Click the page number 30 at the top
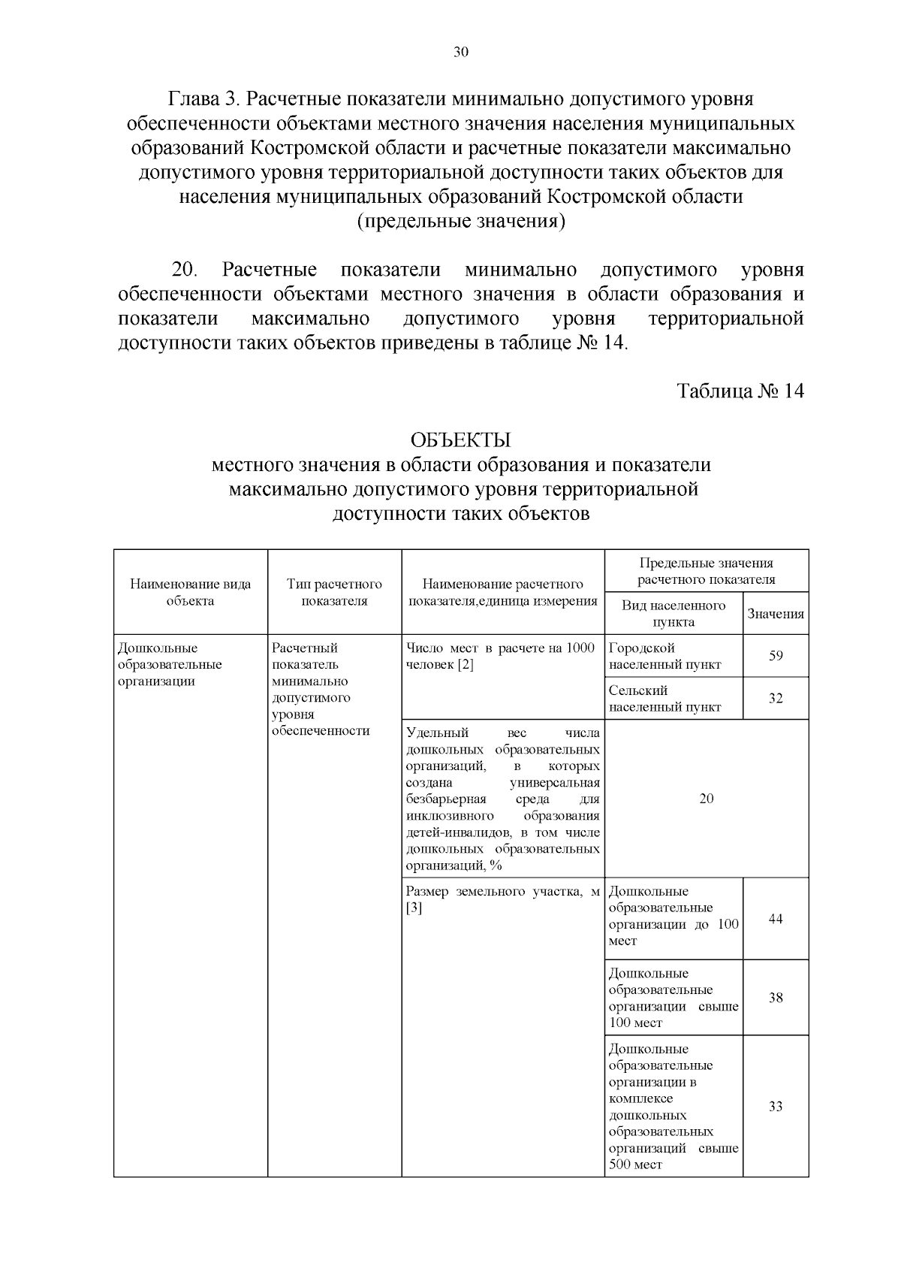click(x=461, y=52)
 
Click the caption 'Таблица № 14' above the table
click(x=740, y=391)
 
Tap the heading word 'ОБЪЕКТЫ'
click(x=460, y=440)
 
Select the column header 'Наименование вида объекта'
click(x=191, y=592)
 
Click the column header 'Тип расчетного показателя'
click(x=334, y=592)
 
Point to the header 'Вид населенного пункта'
click(x=673, y=613)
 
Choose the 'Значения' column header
click(x=776, y=613)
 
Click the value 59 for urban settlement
click(x=776, y=656)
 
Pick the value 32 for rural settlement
click(x=776, y=698)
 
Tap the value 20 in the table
click(x=706, y=799)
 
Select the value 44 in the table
click(x=776, y=918)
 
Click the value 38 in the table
click(x=776, y=998)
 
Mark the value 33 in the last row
click(x=776, y=1106)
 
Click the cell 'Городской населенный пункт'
click(x=664, y=656)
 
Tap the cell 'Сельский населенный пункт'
click(x=664, y=698)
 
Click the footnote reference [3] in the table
click(x=414, y=908)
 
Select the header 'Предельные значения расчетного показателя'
click(x=706, y=571)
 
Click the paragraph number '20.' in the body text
click(x=185, y=270)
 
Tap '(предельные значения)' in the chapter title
click(x=460, y=222)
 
